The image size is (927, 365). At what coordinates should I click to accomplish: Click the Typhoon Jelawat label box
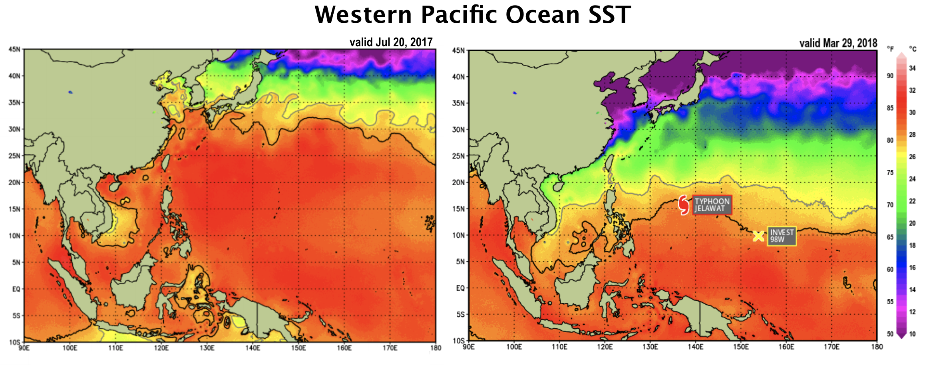(x=712, y=205)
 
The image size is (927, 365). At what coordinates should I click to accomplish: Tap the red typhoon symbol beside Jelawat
(x=684, y=205)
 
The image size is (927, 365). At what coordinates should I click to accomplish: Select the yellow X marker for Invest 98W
(x=758, y=236)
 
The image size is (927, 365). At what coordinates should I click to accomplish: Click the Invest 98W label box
(x=782, y=236)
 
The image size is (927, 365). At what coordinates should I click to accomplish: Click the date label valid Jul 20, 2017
(x=391, y=42)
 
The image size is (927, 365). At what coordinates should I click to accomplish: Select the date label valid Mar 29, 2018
(x=838, y=43)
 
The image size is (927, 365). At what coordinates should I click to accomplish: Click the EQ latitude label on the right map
(x=460, y=288)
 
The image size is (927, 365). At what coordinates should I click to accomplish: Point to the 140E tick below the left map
(x=253, y=348)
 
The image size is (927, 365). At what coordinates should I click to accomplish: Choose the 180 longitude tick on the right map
(x=877, y=347)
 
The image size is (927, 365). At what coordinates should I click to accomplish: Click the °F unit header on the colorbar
(x=890, y=49)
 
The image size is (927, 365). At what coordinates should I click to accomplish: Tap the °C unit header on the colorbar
(x=913, y=49)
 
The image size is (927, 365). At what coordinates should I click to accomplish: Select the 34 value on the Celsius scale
(x=912, y=68)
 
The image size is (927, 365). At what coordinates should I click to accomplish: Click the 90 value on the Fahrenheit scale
(x=890, y=76)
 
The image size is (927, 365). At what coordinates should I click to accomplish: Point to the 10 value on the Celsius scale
(x=912, y=334)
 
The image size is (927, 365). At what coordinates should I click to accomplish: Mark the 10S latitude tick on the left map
(x=14, y=342)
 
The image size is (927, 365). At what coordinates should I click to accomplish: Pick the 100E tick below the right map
(x=514, y=347)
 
